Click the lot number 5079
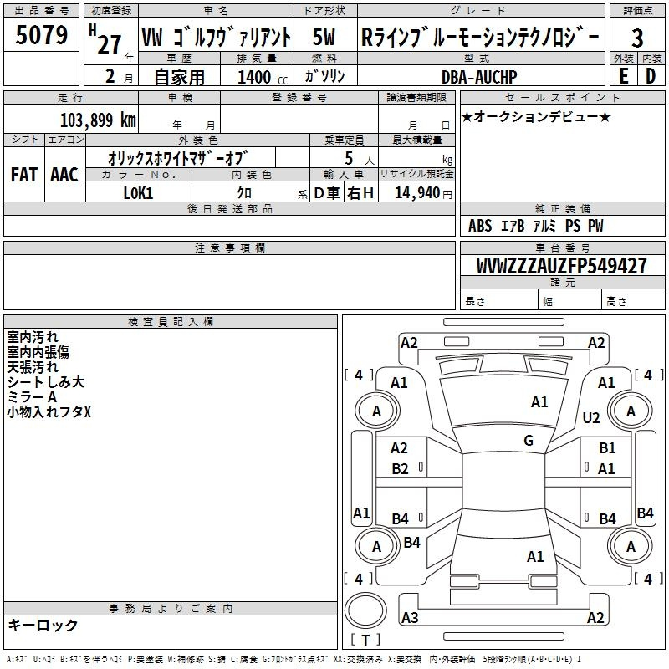(x=42, y=35)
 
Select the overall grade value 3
(x=637, y=38)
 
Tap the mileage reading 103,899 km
(x=98, y=120)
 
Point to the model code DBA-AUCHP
(x=479, y=77)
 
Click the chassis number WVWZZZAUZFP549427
(x=561, y=266)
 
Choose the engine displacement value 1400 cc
(x=263, y=78)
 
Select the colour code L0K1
(x=138, y=193)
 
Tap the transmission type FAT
(x=24, y=175)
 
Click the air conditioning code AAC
(x=64, y=175)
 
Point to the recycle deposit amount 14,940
(x=417, y=193)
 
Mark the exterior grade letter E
(x=623, y=76)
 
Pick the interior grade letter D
(x=651, y=76)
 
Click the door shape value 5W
(x=324, y=37)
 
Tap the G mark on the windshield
(x=529, y=440)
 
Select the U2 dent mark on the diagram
(x=591, y=418)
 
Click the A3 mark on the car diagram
(x=410, y=617)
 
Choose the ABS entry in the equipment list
(x=480, y=226)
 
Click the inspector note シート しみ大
(x=46, y=382)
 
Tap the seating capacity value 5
(x=349, y=158)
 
